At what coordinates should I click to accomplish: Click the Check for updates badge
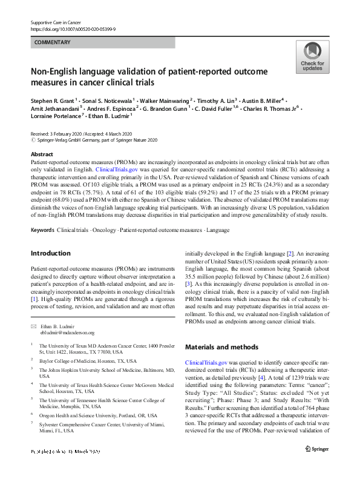(312, 58)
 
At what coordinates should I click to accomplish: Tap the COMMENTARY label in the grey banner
(53, 42)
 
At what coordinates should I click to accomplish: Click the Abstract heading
(42, 154)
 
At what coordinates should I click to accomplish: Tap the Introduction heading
(50, 253)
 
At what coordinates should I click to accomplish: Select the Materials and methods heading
(222, 347)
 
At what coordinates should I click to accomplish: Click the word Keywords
(42, 231)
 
